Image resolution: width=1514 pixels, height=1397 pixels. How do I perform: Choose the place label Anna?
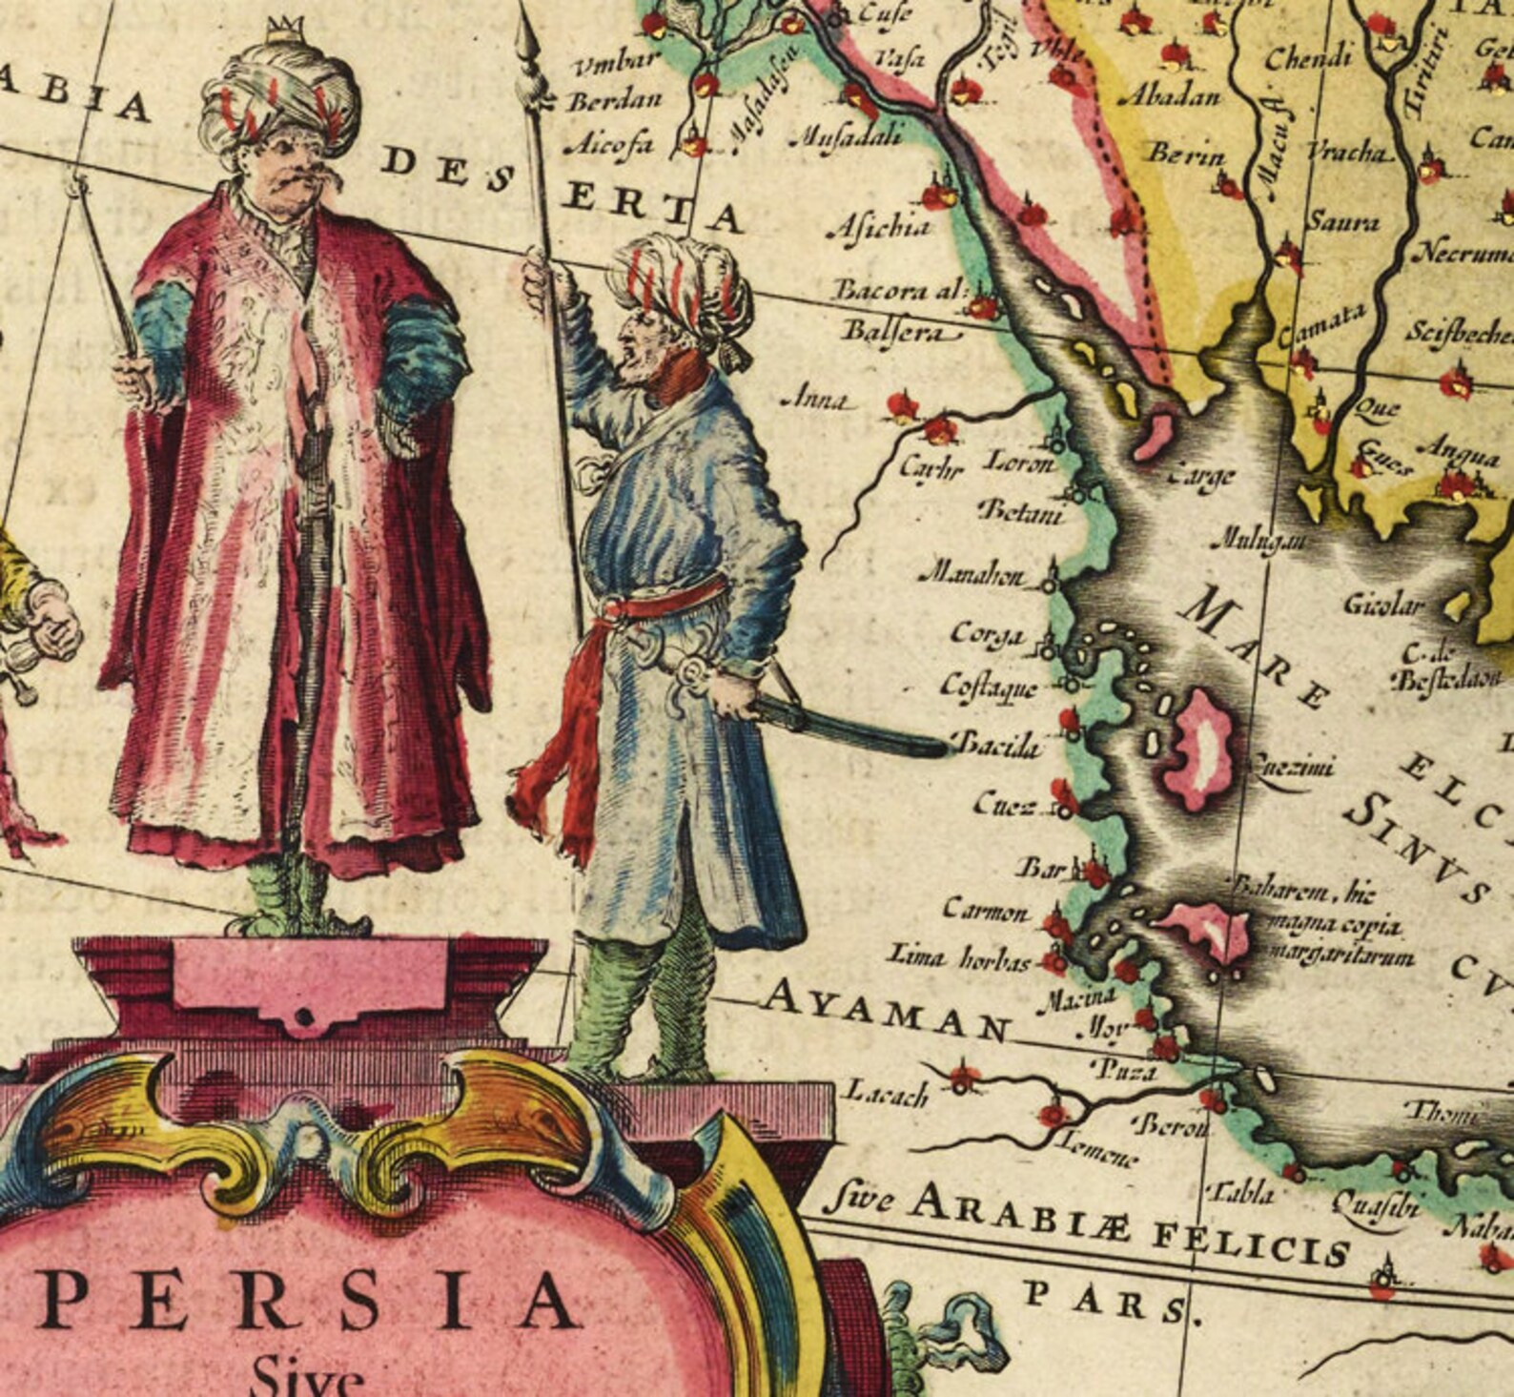[817, 401]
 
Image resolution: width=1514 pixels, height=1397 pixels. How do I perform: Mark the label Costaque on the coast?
[988, 686]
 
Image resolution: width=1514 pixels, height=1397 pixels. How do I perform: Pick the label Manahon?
[972, 576]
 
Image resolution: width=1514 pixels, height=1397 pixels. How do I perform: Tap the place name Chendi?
[1308, 60]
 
